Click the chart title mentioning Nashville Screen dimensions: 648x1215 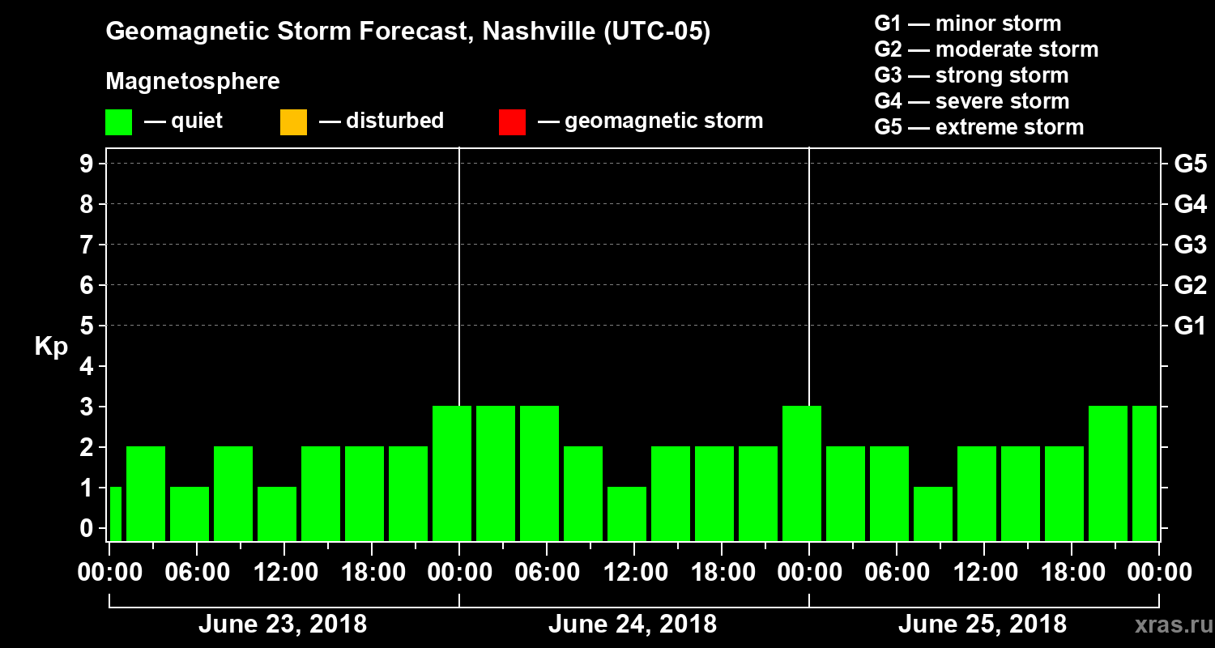pyautogui.click(x=408, y=32)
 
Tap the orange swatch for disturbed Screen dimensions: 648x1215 pyautogui.click(x=293, y=122)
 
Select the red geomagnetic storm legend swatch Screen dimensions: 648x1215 pyautogui.click(x=512, y=122)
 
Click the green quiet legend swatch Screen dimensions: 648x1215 pyautogui.click(x=118, y=122)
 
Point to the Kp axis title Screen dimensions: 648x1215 pyautogui.click(x=51, y=347)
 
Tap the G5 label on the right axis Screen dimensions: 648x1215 pyautogui.click(x=1190, y=164)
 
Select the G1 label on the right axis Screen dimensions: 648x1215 pyautogui.click(x=1190, y=326)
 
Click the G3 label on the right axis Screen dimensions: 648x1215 pyautogui.click(x=1190, y=245)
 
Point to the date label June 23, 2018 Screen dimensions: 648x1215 pyautogui.click(x=282, y=625)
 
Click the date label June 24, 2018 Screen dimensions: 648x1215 pyautogui.click(x=632, y=625)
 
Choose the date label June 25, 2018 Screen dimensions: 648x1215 pyautogui.click(x=982, y=625)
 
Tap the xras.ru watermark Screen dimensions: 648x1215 pyautogui.click(x=1167, y=625)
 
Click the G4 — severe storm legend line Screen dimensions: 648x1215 pyautogui.click(x=971, y=101)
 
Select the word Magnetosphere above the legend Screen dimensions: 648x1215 pyautogui.click(x=193, y=82)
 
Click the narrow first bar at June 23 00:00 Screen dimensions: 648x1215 pyautogui.click(x=115, y=514)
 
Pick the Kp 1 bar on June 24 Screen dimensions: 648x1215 pyautogui.click(x=627, y=514)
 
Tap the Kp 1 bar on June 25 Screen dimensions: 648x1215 pyautogui.click(x=933, y=514)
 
